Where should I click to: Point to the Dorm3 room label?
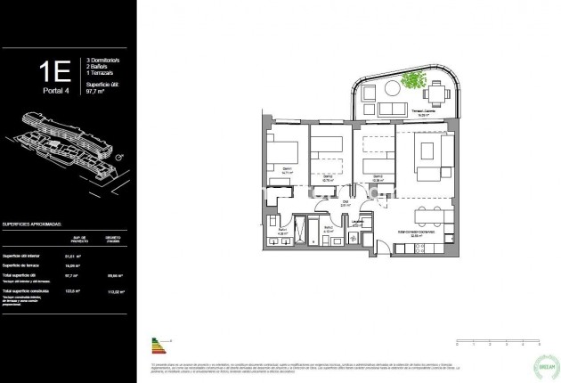[x=378, y=175]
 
